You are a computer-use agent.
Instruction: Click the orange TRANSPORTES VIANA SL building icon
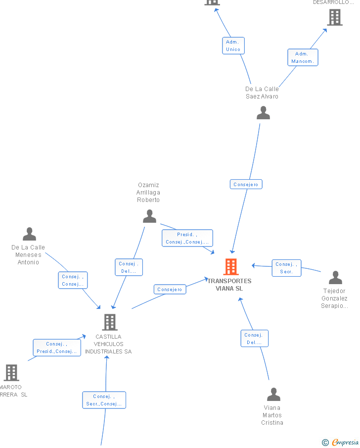(x=231, y=267)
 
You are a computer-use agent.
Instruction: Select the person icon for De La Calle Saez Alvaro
(x=263, y=113)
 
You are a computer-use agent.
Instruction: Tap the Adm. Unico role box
(x=233, y=46)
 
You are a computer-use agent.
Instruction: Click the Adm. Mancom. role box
(x=303, y=57)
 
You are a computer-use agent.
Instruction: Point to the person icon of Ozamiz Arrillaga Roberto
(x=149, y=216)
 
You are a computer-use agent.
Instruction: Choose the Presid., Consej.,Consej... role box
(x=187, y=238)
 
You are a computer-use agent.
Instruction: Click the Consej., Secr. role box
(x=286, y=268)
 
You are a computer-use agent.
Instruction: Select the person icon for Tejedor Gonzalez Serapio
(x=335, y=278)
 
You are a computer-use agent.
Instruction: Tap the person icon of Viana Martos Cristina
(x=273, y=395)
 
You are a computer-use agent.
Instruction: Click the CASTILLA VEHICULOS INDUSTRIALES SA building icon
(x=109, y=322)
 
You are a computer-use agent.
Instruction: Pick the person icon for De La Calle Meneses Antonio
(x=30, y=234)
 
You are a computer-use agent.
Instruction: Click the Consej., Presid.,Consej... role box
(x=57, y=348)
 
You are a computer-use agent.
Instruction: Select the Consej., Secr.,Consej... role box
(x=104, y=400)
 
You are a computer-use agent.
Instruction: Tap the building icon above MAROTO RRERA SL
(x=11, y=373)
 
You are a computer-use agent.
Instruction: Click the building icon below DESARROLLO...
(x=335, y=18)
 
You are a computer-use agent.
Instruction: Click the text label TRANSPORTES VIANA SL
(x=229, y=285)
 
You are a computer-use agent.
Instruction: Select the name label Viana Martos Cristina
(x=272, y=415)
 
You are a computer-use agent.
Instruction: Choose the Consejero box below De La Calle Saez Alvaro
(x=246, y=185)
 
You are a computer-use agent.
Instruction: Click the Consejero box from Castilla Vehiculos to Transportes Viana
(x=170, y=290)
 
